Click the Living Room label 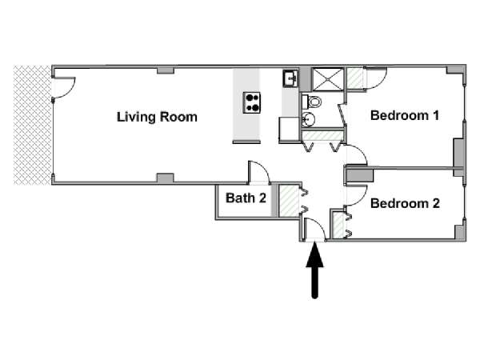pos(157,117)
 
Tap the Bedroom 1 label pos(405,115)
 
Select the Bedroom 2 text pos(405,203)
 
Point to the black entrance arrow pos(315,272)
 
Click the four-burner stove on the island pos(253,102)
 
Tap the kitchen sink pos(290,78)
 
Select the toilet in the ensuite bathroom pos(314,102)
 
